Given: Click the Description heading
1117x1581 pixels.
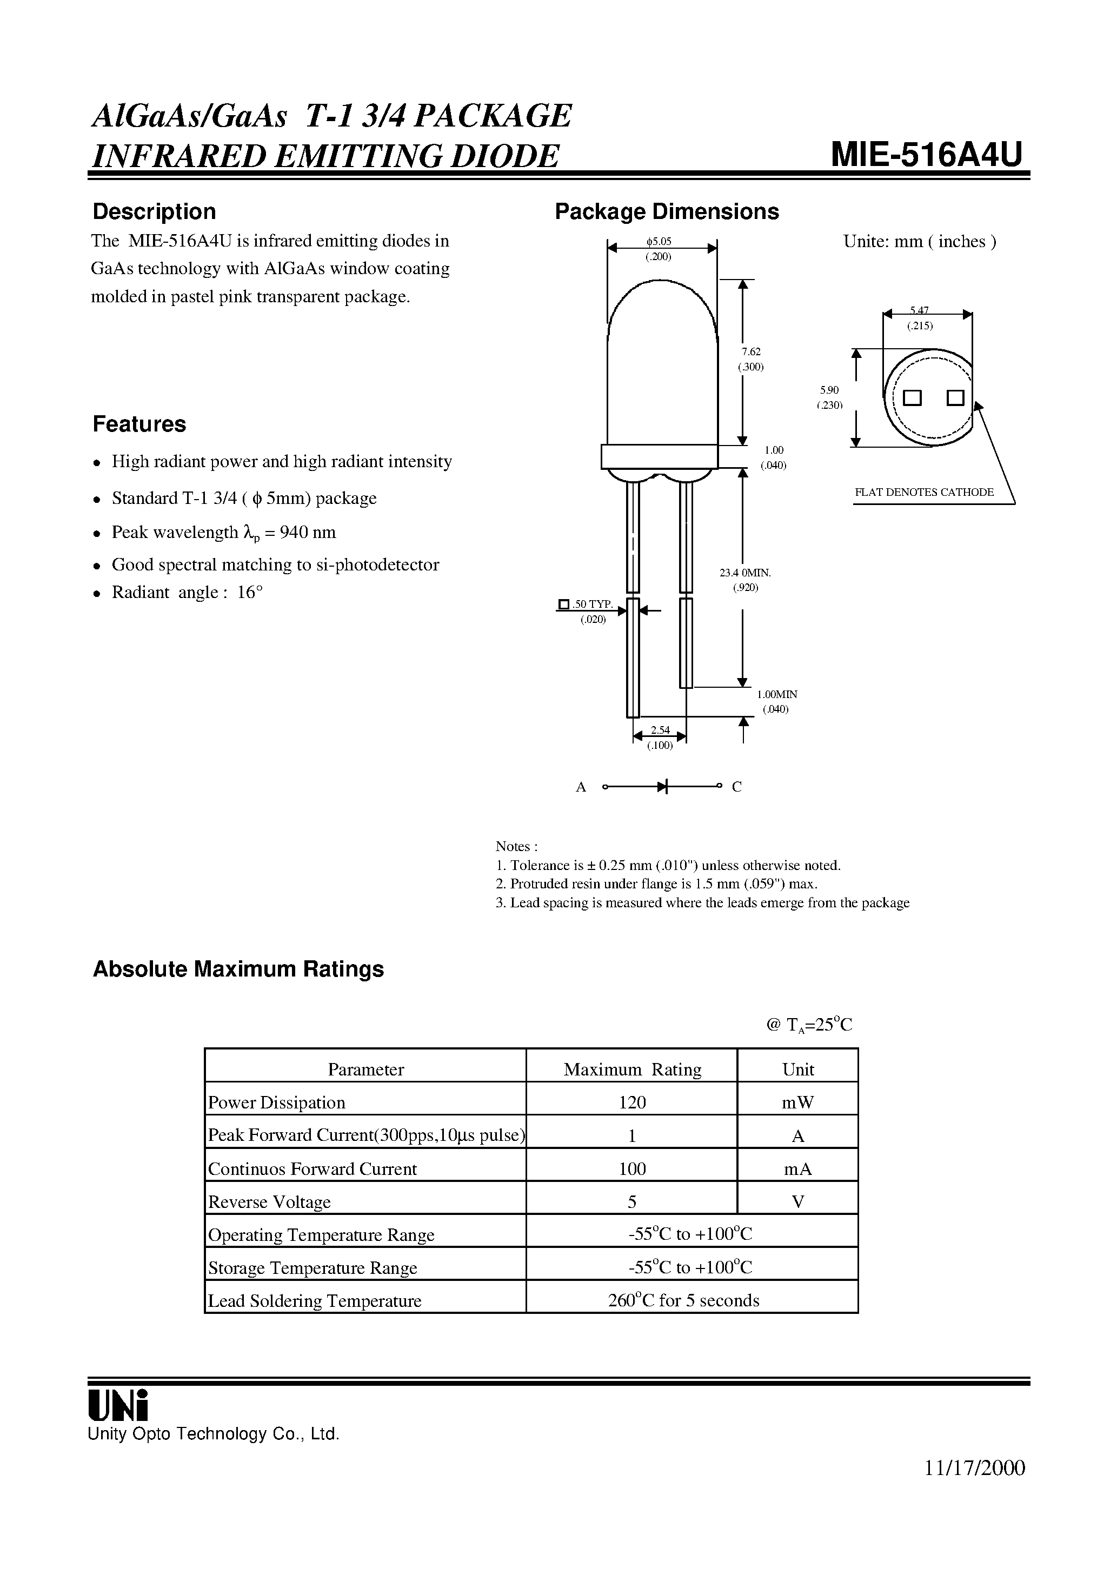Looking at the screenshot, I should tap(154, 211).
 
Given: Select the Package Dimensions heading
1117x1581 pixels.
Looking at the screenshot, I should tap(667, 211).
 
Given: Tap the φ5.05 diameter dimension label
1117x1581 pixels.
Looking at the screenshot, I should tap(659, 242).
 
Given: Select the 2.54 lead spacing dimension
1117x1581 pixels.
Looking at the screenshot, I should tap(660, 730).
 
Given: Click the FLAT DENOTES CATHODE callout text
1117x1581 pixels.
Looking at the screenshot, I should tap(923, 493).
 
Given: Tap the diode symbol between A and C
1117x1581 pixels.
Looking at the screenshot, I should tap(662, 786).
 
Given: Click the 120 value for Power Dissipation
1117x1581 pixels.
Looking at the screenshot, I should tap(631, 1102).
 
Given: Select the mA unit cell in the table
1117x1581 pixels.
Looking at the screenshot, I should tap(797, 1168).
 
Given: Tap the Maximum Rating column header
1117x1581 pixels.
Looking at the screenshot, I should tap(631, 1069).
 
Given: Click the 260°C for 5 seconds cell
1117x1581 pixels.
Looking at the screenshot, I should tap(683, 1300).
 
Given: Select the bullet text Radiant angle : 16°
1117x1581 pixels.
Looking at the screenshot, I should tap(187, 592).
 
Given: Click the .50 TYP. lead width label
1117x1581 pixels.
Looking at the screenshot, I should tap(592, 604).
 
